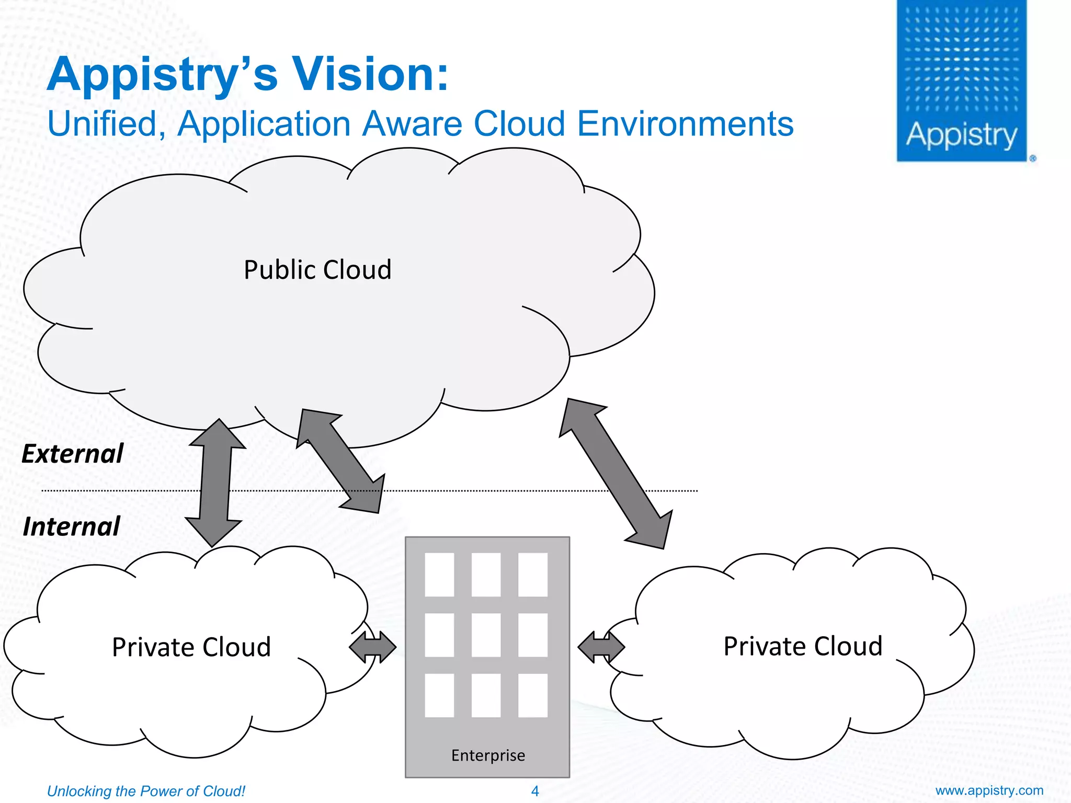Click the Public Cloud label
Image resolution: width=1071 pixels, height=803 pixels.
pos(317,270)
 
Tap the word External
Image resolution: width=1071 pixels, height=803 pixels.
pos(72,454)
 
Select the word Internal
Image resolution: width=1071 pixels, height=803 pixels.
pos(72,526)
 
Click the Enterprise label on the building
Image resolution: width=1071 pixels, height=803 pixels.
pos(488,755)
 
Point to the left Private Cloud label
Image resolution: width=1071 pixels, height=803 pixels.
pos(191,647)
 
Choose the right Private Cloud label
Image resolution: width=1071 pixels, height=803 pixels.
pos(803,646)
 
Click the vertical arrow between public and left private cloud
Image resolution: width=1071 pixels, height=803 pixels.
pos(215,484)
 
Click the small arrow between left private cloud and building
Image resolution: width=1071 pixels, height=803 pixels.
pos(372,647)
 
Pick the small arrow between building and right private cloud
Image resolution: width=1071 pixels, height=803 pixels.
pos(601,647)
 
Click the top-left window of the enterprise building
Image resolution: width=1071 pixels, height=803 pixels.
pos(439,575)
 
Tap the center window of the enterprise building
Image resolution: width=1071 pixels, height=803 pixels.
pos(486,635)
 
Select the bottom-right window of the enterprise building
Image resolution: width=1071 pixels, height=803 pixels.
pos(532,695)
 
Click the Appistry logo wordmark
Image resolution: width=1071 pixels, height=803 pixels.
pos(961,135)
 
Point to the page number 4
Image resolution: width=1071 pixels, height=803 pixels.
pos(534,791)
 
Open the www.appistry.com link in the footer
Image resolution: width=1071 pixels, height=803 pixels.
pos(989,790)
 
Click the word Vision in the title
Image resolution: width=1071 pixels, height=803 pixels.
pos(369,74)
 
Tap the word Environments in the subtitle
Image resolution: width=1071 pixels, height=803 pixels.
pos(685,124)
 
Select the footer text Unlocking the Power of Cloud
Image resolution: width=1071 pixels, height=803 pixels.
pos(146,791)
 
